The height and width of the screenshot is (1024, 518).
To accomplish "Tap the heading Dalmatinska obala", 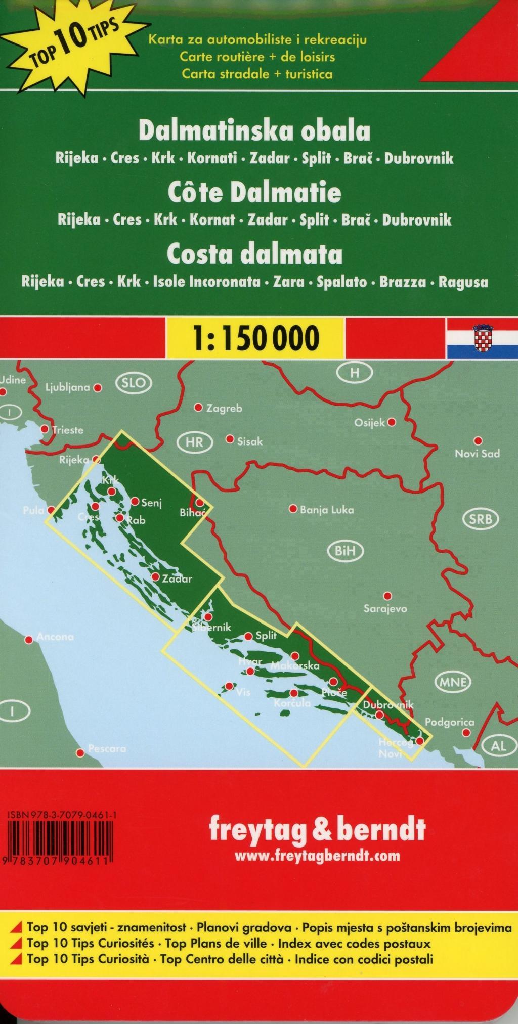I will point(254,131).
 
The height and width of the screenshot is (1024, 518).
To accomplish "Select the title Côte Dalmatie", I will point(254,193).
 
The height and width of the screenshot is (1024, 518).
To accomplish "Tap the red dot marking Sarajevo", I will point(387,596).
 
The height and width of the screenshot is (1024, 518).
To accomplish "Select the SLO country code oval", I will point(134,383).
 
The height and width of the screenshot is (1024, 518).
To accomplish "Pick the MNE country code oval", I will point(453,682).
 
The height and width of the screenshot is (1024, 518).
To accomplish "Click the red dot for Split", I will point(248,636).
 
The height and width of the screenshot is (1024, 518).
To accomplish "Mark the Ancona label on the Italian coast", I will point(55,637).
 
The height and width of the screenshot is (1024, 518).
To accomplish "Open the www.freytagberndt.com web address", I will point(318,856).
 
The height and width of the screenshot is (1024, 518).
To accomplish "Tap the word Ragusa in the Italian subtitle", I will point(463,282).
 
